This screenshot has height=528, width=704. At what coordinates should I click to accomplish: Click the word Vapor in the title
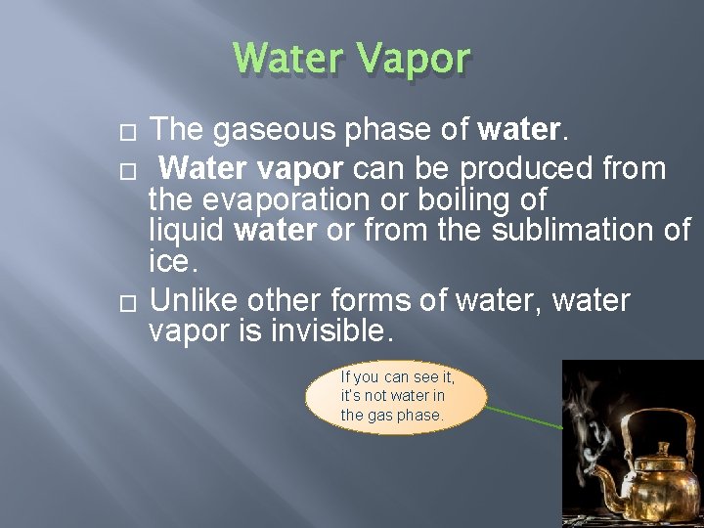coord(415,59)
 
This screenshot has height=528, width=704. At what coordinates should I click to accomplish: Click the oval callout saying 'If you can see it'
coord(396,396)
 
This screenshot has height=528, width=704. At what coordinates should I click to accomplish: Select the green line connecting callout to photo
coord(525,418)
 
